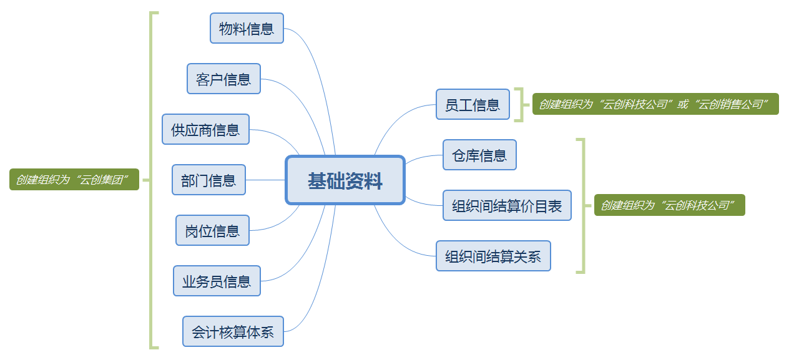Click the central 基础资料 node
345,180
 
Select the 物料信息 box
247,29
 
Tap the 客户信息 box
223,79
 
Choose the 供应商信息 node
205,130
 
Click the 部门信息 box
208,180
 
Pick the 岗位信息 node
212,231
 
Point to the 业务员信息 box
217,281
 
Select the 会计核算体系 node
233,332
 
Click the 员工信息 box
473,105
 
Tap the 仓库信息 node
479,155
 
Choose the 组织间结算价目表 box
507,206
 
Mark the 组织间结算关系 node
493,256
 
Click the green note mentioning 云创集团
74,180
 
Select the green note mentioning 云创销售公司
655,104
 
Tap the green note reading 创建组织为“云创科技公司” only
669,205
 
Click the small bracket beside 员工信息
519,104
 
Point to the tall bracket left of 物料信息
151,180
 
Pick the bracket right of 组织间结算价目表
583,205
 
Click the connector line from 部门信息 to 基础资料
265,180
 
